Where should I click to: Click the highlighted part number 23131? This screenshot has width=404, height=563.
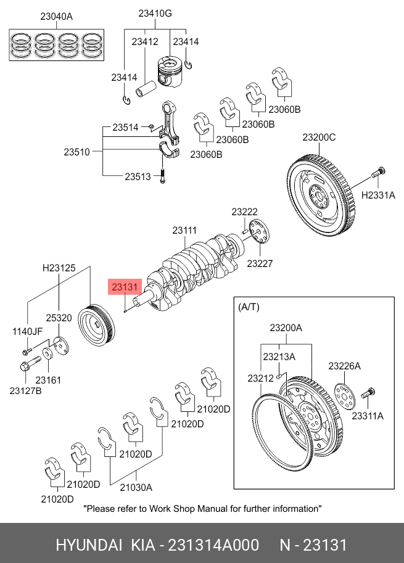[x=126, y=287]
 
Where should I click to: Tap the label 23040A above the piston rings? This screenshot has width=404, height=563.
[x=57, y=17]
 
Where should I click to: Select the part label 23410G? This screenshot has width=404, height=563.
[x=155, y=14]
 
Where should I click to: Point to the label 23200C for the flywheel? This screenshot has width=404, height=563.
[x=319, y=137]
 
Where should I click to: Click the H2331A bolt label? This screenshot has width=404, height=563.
[x=377, y=195]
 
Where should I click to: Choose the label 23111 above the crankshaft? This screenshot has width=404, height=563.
[x=184, y=231]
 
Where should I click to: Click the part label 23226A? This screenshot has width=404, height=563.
[x=344, y=366]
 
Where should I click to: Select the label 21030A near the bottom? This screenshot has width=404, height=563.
[x=136, y=487]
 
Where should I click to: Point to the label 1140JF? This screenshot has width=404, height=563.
[x=28, y=332]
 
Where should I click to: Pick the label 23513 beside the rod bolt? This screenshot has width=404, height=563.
[x=138, y=176]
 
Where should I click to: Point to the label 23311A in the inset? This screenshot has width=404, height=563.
[x=368, y=416]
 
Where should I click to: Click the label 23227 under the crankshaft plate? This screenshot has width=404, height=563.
[x=260, y=263]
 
